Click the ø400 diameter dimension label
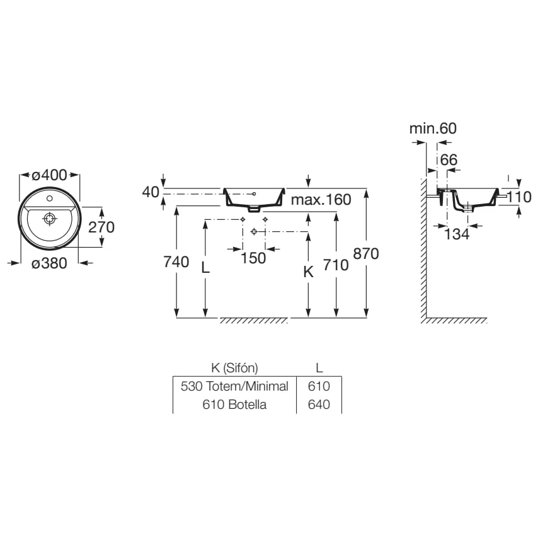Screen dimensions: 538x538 [49, 175]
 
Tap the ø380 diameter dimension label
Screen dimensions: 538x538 [49, 263]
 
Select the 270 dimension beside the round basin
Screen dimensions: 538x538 [101, 227]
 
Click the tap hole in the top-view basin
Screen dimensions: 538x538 [49, 198]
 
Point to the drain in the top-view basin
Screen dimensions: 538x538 [50, 218]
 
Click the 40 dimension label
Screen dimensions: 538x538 [151, 192]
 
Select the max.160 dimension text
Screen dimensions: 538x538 [321, 200]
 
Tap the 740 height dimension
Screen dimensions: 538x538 [176, 262]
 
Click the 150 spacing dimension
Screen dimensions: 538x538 [253, 258]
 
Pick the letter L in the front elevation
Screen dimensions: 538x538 [205, 268]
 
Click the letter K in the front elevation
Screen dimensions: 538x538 [309, 272]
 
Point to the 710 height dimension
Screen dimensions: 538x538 [336, 265]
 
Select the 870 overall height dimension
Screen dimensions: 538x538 [366, 254]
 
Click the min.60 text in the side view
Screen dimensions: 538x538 [433, 129]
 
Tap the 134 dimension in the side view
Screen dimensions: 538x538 [457, 234]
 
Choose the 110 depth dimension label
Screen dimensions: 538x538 [519, 197]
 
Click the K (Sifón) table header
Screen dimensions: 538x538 [235, 368]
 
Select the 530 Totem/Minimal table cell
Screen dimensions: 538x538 [234, 386]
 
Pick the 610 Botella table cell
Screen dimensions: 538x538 [234, 404]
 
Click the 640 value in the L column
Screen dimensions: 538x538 [319, 404]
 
